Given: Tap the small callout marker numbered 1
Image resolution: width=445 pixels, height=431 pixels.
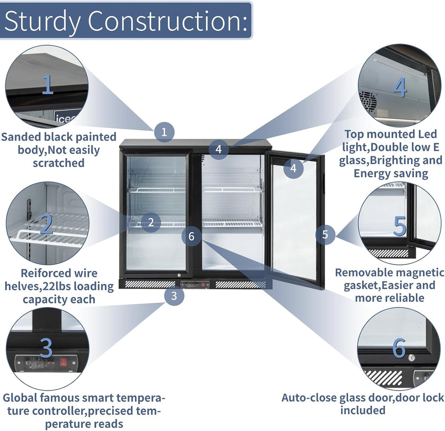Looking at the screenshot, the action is [x=164, y=132].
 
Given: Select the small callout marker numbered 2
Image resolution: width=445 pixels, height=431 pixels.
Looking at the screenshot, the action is [x=151, y=222].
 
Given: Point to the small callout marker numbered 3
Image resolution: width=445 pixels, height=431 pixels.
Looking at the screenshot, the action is [x=174, y=296].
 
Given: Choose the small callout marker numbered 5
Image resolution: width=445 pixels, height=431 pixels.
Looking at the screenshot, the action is [x=325, y=234].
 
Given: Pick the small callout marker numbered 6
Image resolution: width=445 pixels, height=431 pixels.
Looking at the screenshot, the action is [x=192, y=236].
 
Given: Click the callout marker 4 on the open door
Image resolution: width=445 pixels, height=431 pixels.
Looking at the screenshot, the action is [x=293, y=168].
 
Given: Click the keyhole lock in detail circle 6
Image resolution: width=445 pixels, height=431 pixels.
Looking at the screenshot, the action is [x=411, y=358].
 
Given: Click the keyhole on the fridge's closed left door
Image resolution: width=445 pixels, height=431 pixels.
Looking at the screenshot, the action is [x=179, y=275].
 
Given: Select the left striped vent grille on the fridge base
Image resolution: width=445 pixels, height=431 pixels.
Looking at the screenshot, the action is [x=150, y=284].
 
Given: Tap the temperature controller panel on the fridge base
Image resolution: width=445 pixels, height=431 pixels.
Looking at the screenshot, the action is [x=195, y=284].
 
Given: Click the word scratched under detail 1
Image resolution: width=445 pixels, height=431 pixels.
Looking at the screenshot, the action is [x=59, y=163].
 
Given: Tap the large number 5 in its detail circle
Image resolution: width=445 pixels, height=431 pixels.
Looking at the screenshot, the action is [x=400, y=226].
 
